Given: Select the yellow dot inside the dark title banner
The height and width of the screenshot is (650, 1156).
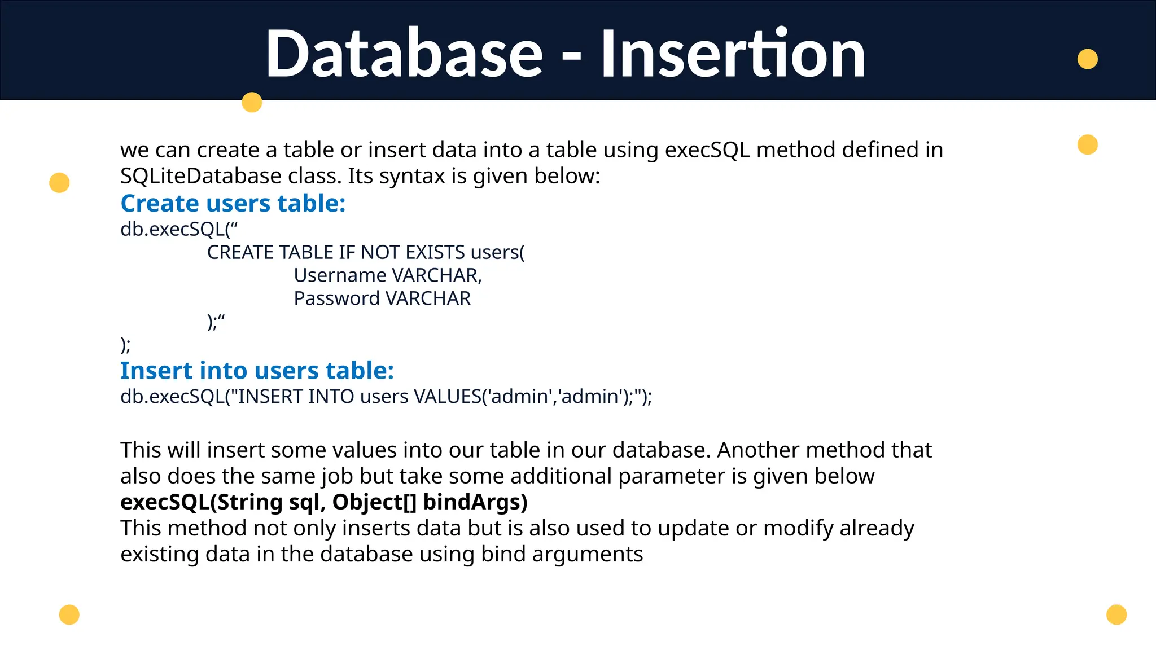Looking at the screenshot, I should [x=1087, y=59].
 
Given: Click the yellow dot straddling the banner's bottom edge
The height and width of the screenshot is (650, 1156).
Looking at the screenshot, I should [x=252, y=102].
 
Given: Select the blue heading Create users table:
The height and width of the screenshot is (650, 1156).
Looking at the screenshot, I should [x=233, y=203].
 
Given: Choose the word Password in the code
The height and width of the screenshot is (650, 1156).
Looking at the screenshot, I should [x=336, y=298].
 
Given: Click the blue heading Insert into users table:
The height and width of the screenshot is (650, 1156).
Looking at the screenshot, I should [x=257, y=371].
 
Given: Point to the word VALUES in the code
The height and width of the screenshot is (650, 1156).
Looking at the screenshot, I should [x=447, y=397].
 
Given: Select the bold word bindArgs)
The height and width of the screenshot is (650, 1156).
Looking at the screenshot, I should [x=475, y=502].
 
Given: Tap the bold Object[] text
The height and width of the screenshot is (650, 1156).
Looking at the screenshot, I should [x=374, y=502].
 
